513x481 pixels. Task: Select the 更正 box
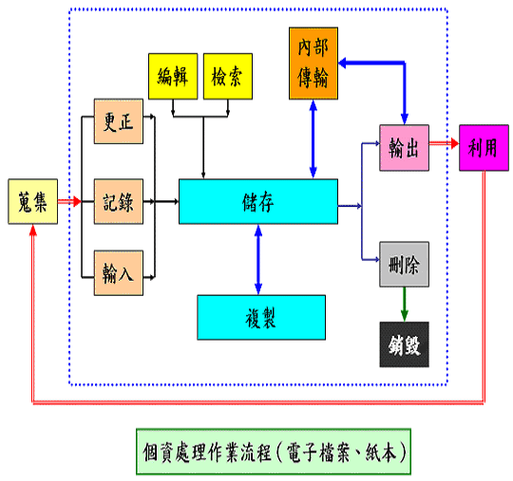coord(118,123)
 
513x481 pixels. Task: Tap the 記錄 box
coord(118,201)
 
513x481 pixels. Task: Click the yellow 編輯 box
coord(172,76)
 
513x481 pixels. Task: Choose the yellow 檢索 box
coord(228,76)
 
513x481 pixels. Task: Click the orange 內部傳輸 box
coord(313,64)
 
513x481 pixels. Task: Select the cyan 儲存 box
coord(257,201)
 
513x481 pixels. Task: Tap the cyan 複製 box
coord(261,317)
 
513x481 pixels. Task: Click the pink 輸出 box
coord(404,147)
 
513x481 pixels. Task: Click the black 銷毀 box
coord(404,342)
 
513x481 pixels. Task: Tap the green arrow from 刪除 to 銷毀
coord(404,304)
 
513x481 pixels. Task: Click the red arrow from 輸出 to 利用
coord(443,144)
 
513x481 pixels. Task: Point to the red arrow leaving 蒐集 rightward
coord(66,201)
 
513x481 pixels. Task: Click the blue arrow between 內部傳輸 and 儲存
coord(313,138)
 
